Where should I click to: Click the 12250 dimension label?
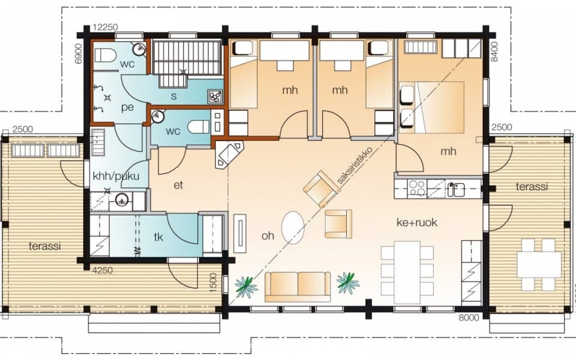coord(106,27)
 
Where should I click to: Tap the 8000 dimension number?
coord(469,317)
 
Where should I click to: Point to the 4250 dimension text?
coord(103,271)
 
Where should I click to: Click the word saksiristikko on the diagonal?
coord(355,165)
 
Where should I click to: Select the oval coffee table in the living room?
coord(293,227)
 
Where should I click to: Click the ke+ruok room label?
coord(417,222)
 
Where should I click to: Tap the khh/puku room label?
coord(116,176)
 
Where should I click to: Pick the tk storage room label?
coord(158,237)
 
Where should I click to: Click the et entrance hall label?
coord(178,185)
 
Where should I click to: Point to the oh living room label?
coord(268,235)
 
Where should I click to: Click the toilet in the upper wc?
coord(106,55)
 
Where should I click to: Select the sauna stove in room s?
coord(215,96)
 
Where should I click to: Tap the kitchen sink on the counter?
coord(455,190)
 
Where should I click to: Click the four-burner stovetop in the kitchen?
coord(418,188)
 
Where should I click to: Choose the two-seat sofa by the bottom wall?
coord(298,287)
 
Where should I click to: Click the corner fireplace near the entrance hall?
coord(229,155)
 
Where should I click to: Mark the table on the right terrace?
coord(539,265)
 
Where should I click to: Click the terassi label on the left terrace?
coord(45,246)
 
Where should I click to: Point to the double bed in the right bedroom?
coord(432,107)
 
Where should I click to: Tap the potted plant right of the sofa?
coord(347,283)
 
